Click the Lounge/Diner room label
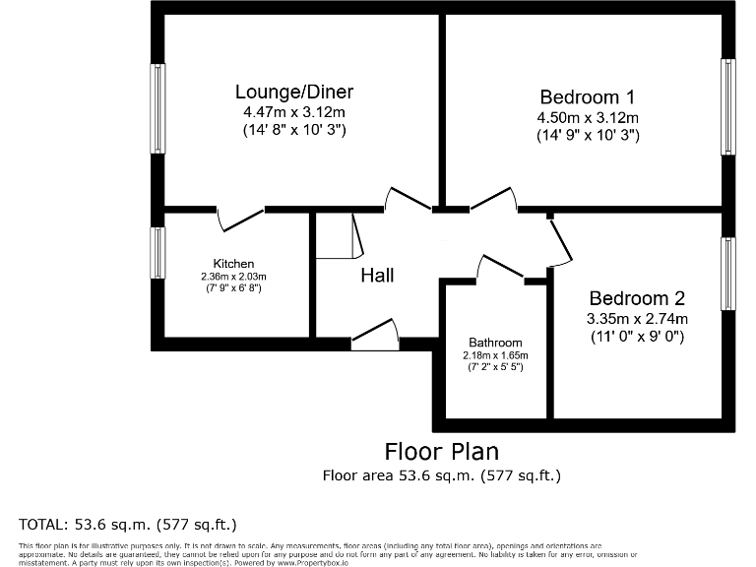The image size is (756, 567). pos(293,93)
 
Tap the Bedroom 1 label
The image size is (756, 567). pos(587,97)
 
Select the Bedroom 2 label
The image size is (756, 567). pos(636,298)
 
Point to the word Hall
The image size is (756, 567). pos(376,276)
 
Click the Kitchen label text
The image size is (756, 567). pos(234,264)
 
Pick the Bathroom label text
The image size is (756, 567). pos(495,343)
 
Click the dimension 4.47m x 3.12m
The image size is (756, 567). pos(293,112)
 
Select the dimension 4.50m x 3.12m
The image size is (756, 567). pos(588,117)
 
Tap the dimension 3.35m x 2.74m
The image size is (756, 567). pos(636,318)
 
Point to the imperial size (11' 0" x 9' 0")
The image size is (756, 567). pos(636,336)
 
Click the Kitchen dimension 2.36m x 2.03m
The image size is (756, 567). pos(234,277)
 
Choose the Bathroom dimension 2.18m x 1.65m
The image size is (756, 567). pos(495,355)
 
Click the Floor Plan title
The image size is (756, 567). pos(441,452)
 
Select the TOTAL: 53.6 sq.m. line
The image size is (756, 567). pos(128,523)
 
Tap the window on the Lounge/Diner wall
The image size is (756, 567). pos(157,108)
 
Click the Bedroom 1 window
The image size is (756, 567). pos(727,106)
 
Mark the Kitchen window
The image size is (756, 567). pos(157,253)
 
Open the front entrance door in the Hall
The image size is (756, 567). pos(375,338)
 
